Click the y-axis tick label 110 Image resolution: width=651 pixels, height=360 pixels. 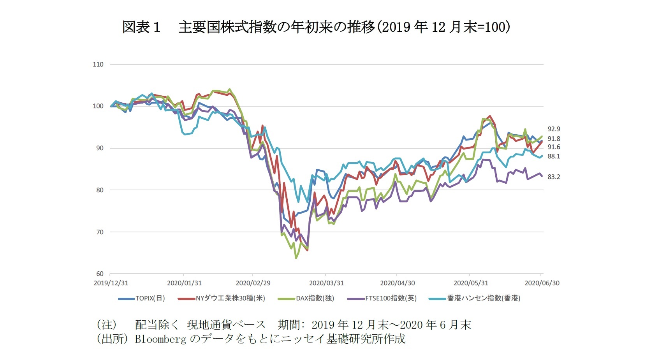[98, 65]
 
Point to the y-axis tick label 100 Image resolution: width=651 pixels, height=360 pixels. [98, 106]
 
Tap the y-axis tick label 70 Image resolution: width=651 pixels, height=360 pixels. [99, 232]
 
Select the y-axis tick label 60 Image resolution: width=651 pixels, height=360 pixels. [99, 274]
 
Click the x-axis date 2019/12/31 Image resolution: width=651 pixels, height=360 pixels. [111, 283]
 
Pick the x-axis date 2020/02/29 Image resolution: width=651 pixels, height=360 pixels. [253, 283]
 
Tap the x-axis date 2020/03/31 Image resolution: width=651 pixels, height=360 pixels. [326, 283]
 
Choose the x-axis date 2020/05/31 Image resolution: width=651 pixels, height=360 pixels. [471, 283]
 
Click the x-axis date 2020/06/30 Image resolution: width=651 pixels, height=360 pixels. [542, 283]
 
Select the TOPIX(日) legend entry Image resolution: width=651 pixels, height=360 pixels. [142, 299]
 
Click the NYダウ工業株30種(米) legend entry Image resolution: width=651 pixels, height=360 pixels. [222, 299]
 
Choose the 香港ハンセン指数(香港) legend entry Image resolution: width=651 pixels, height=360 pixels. [475, 299]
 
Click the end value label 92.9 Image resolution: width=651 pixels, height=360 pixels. [554, 129]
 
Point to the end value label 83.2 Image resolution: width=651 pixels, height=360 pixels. [554, 177]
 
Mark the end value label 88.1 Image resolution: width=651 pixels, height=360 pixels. [554, 156]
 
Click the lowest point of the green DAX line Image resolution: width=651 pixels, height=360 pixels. [296, 258]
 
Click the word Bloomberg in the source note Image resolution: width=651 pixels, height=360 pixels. [160, 339]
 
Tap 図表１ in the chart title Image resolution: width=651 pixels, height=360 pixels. [141, 27]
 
